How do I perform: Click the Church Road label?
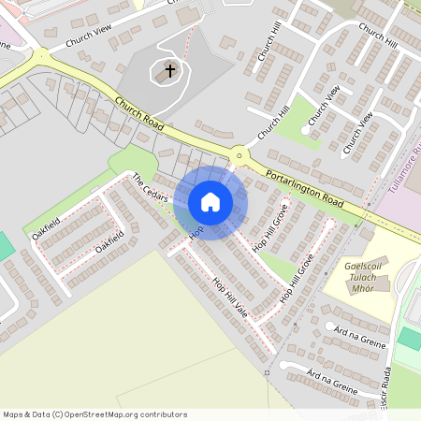(x=140, y=114)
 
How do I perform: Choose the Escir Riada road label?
(x=385, y=388)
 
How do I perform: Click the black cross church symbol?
(x=170, y=69)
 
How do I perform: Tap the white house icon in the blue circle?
(x=210, y=202)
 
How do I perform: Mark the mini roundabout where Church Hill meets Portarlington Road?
(x=240, y=155)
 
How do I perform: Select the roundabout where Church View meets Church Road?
(x=41, y=58)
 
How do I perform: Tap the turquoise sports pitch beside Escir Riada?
(x=410, y=338)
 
